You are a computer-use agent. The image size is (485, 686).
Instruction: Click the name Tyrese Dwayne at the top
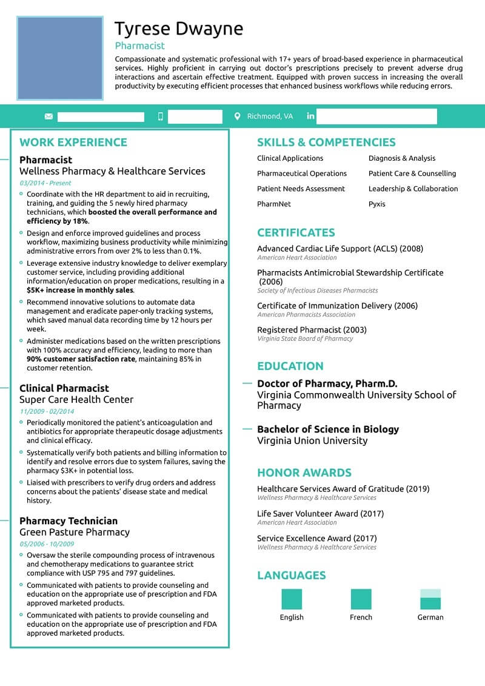click(x=179, y=29)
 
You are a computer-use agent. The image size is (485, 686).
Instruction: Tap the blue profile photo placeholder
click(x=60, y=58)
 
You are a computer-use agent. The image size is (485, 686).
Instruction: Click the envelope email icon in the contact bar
click(x=48, y=116)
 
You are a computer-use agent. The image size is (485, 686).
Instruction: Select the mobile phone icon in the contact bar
click(x=161, y=116)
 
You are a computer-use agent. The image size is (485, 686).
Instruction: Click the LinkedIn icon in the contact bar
click(x=310, y=116)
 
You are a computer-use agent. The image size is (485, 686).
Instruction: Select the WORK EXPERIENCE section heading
click(x=73, y=143)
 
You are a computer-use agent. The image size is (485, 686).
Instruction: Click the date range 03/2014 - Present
click(x=45, y=183)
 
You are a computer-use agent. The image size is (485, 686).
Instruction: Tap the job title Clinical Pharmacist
click(x=64, y=388)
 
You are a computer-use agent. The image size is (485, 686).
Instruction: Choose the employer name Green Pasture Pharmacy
click(x=75, y=532)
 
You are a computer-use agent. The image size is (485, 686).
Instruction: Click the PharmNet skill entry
click(x=274, y=204)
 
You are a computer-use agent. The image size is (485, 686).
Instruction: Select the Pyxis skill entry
click(x=376, y=204)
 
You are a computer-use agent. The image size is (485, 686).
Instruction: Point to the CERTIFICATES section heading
click(x=296, y=233)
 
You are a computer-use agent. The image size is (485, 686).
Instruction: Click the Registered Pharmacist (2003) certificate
click(x=312, y=330)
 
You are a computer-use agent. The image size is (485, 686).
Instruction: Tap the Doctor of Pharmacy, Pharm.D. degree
click(x=327, y=383)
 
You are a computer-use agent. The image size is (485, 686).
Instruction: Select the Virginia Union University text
click(x=312, y=440)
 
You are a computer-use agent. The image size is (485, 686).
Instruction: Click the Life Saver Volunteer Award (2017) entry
click(x=320, y=514)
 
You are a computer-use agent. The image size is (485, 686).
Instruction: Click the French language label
click(x=361, y=617)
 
